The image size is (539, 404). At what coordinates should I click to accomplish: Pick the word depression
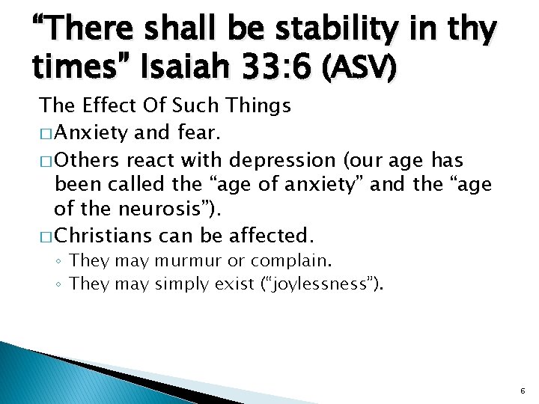pos(284,161)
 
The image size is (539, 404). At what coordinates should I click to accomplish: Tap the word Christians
pos(106,236)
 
